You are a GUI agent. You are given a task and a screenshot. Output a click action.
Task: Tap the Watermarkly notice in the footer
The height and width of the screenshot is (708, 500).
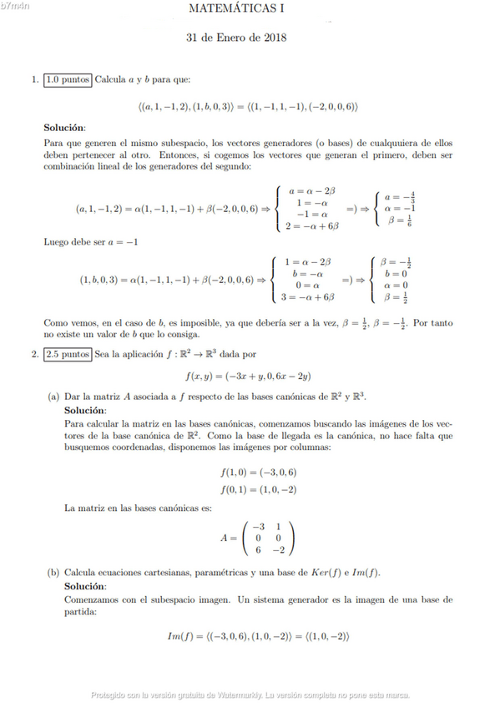tap(250, 694)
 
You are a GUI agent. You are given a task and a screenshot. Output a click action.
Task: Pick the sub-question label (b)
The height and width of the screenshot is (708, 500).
tap(53, 574)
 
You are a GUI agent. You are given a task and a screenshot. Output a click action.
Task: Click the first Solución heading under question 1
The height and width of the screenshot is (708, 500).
tap(64, 128)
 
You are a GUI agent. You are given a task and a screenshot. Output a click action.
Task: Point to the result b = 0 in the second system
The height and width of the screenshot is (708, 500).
tap(396, 273)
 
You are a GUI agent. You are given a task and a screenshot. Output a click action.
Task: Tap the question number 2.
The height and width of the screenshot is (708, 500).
tap(33, 354)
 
